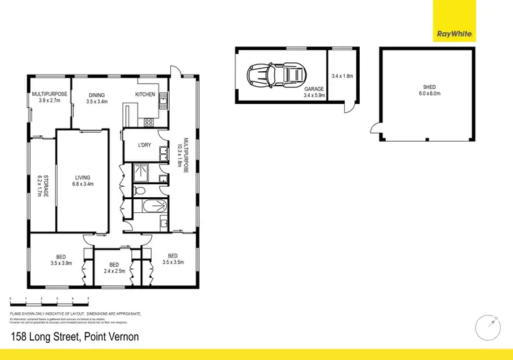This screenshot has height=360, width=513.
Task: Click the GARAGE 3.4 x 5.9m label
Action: [314, 92]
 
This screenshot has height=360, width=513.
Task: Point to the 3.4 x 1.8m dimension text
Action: [341, 76]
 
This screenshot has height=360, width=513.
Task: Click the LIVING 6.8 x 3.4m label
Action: [82, 181]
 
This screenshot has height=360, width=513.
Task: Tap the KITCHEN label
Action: [145, 94]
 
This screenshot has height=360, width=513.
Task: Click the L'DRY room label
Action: [144, 144]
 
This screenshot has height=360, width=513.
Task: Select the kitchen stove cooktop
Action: [148, 123]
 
